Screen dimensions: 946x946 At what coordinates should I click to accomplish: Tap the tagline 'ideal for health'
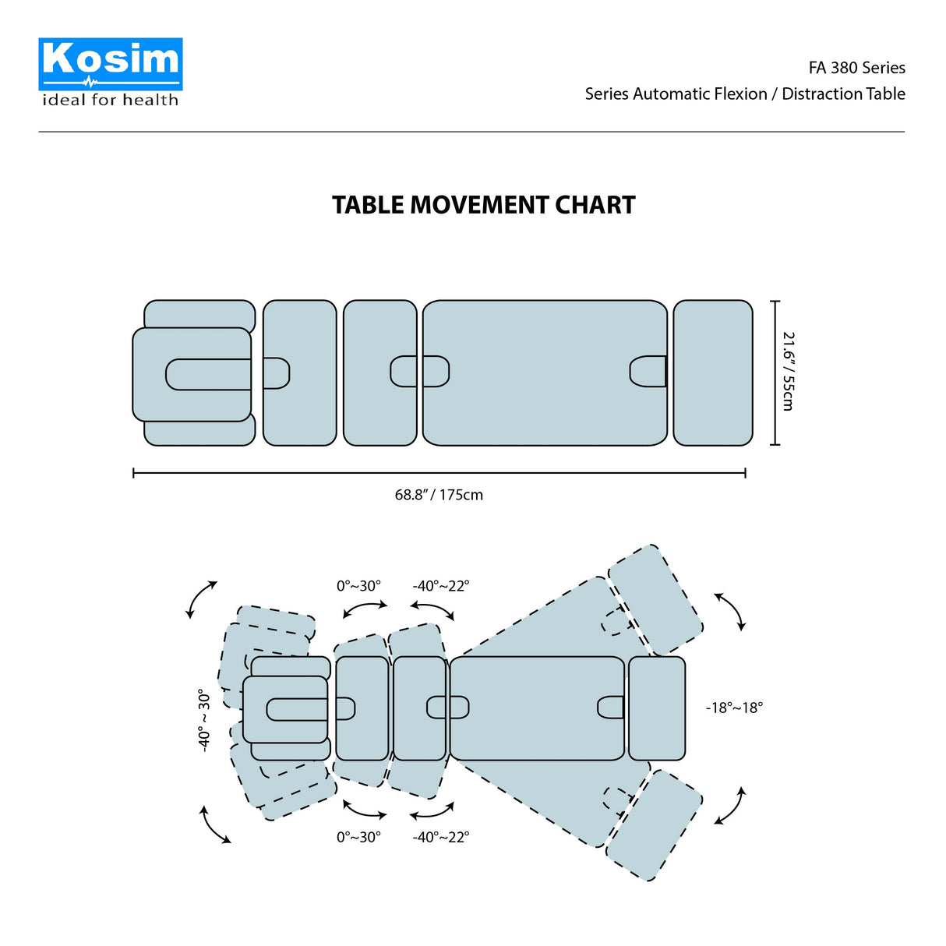tap(110, 100)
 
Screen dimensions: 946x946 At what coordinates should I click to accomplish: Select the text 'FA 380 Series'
tap(856, 68)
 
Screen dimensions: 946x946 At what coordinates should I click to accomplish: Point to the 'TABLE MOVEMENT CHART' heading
tap(484, 205)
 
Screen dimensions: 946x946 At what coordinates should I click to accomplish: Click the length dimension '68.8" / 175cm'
tap(439, 495)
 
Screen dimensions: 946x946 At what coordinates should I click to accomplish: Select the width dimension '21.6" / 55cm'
tap(788, 372)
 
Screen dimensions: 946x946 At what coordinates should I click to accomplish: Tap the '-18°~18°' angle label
tap(734, 708)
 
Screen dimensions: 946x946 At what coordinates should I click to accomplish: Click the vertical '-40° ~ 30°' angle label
tap(204, 719)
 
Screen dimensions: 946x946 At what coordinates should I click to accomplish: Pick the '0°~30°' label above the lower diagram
tap(358, 586)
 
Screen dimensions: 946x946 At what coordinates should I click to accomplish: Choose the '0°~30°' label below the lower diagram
tap(358, 837)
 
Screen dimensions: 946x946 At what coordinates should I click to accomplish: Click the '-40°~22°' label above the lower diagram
tap(441, 586)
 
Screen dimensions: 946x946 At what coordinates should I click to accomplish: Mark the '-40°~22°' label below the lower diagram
tap(441, 837)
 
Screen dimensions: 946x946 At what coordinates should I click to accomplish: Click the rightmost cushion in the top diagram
tap(713, 372)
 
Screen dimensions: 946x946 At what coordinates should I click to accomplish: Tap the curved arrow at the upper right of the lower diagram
tap(730, 611)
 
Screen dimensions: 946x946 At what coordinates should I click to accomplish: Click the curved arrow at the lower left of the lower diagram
tap(215, 824)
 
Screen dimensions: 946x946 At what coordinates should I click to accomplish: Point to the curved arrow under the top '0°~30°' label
tap(365, 608)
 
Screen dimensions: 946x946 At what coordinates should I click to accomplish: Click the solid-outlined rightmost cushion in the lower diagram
tap(657, 708)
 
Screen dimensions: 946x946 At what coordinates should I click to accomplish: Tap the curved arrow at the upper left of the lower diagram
tap(201, 598)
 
